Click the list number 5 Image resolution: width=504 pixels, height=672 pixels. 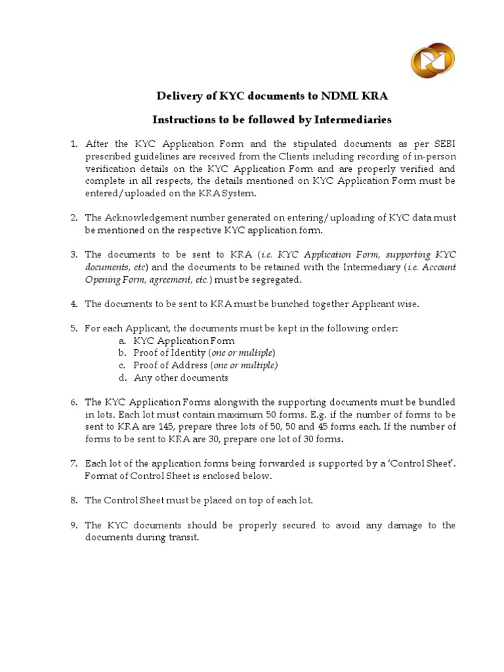coord(74,328)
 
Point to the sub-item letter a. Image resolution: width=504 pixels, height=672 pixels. coord(122,341)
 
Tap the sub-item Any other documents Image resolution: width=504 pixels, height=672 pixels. coord(181,378)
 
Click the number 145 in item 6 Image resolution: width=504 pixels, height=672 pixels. coord(167,427)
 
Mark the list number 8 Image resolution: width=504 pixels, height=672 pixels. coord(74,501)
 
